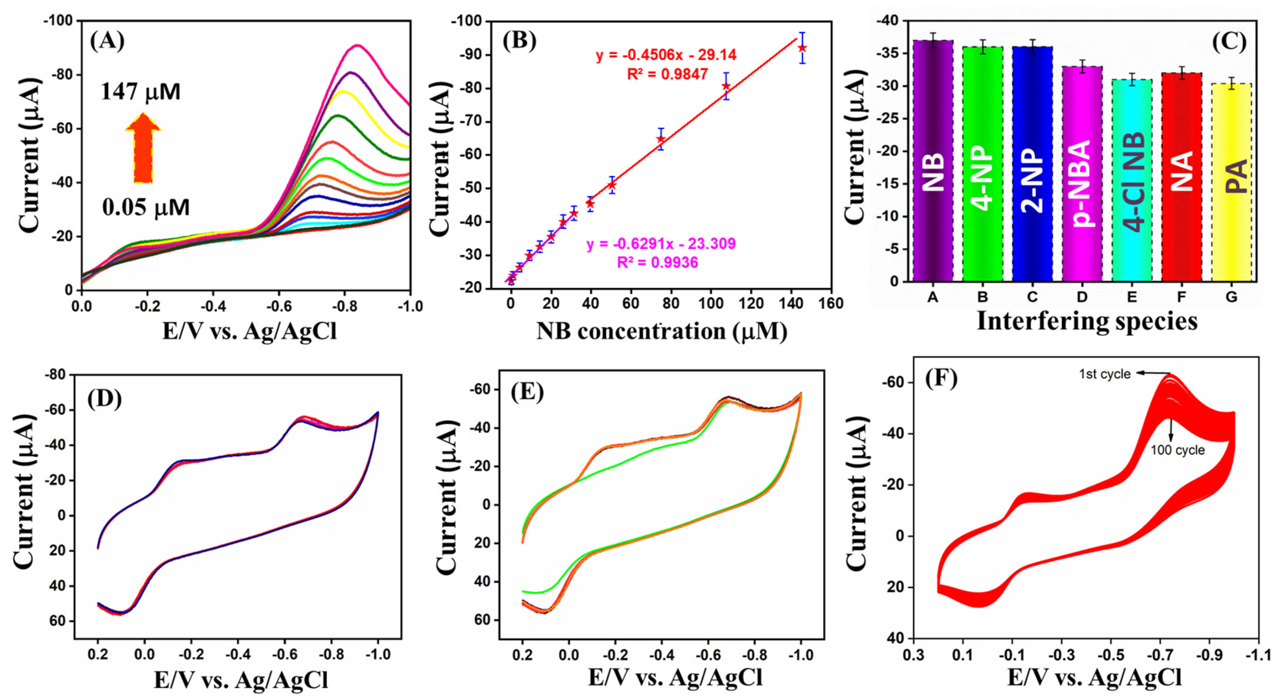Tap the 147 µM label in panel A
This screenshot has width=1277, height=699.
[141, 92]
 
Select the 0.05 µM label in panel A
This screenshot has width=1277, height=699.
[146, 208]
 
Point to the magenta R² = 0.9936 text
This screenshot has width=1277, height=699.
[657, 262]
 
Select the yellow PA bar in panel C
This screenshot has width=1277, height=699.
[1231, 182]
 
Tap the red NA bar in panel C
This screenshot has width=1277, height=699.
[1182, 177]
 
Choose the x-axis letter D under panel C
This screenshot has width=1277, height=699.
[1082, 297]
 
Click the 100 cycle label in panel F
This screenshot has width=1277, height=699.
[1177, 450]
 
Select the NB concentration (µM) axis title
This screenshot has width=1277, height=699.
[662, 331]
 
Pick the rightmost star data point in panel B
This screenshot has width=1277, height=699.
[802, 48]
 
